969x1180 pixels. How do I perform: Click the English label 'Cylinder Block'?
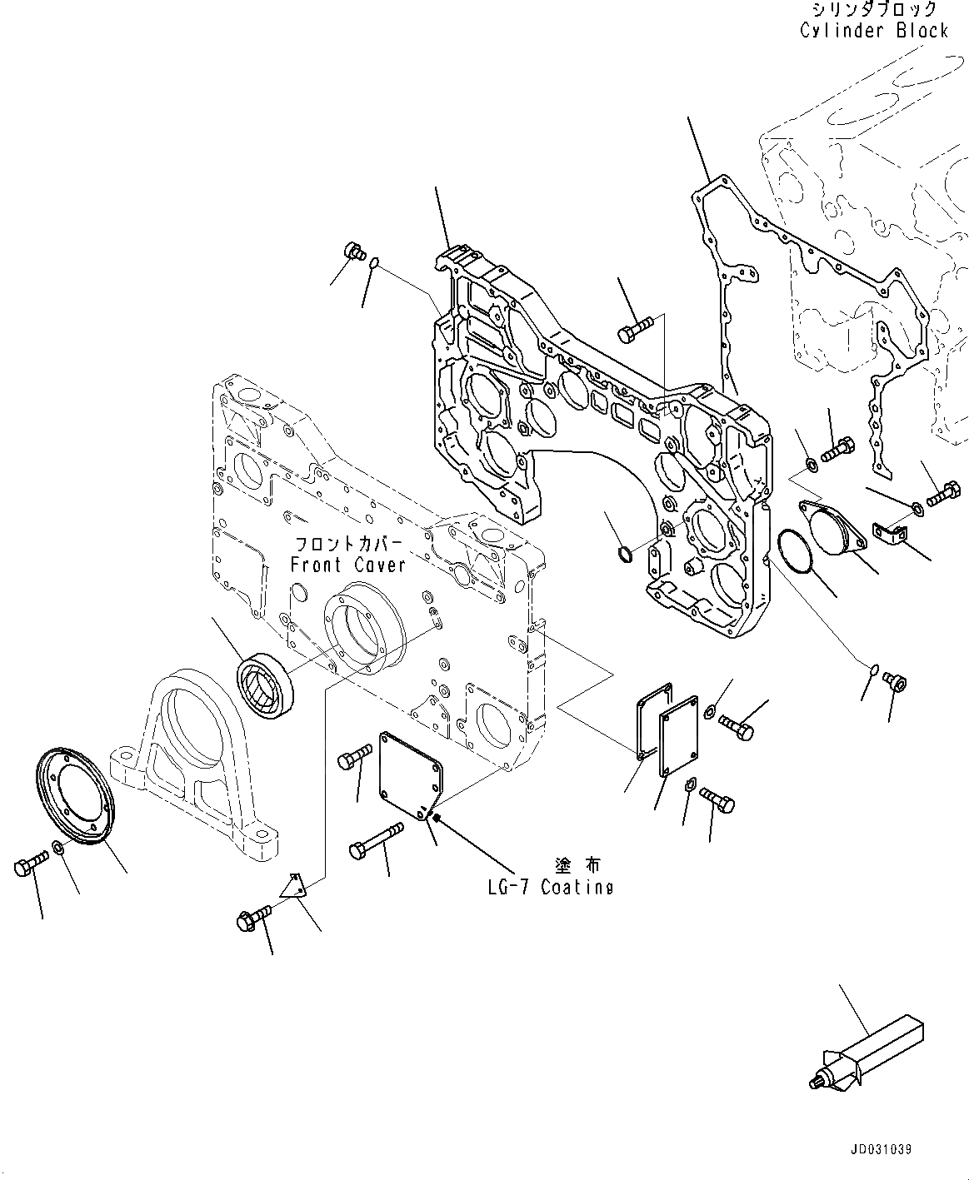(x=873, y=31)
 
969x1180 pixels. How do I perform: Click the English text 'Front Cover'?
(x=347, y=565)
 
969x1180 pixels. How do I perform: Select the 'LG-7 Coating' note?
(x=550, y=887)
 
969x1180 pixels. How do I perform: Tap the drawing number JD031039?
(x=882, y=1149)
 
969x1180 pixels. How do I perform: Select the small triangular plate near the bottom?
(x=294, y=886)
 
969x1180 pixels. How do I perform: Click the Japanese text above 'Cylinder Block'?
(x=873, y=10)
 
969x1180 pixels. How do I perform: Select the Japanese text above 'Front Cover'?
(x=347, y=545)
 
